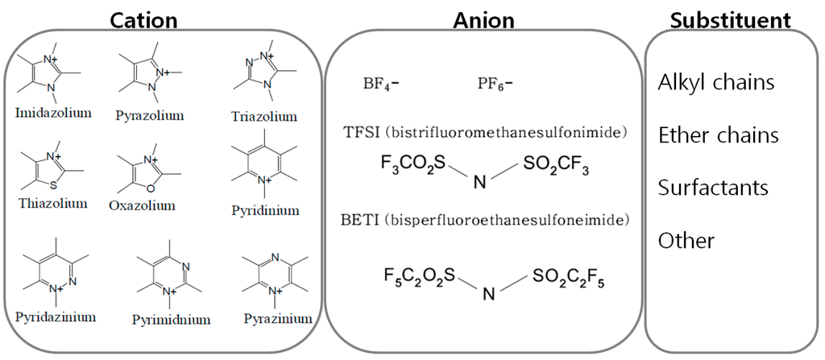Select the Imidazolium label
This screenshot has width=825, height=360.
click(53, 112)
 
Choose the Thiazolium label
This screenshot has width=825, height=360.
click(52, 203)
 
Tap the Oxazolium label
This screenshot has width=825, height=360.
click(142, 205)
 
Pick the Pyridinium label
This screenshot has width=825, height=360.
click(265, 211)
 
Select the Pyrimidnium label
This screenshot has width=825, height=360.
click(171, 320)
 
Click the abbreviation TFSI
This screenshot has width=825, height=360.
click(360, 130)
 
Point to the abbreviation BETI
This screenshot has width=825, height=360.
click(361, 219)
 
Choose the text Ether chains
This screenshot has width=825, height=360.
click(718, 134)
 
